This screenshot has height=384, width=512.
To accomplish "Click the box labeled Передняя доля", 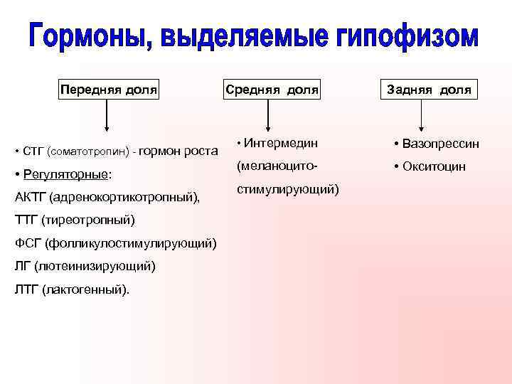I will [x=108, y=90].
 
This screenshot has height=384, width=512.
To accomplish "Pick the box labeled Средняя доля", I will [x=272, y=90].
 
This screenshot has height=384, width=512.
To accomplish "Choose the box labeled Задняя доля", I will [x=428, y=90].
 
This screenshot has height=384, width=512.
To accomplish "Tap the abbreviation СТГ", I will [x=33, y=151].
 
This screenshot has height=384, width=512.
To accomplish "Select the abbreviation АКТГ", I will [x=29, y=196].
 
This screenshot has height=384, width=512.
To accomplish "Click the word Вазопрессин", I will [x=440, y=144].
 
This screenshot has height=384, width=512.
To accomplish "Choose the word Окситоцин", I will [x=434, y=166].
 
